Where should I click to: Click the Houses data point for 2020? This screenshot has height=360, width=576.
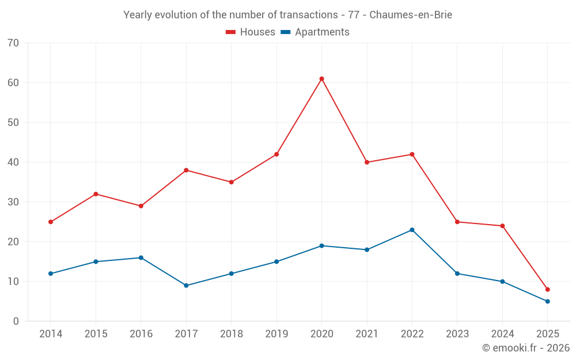(321, 79)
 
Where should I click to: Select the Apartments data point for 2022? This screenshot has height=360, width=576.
(412, 230)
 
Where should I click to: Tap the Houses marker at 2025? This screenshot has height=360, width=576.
(547, 289)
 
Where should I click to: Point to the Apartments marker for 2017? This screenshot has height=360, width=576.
(186, 285)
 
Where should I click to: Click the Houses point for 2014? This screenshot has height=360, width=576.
(51, 222)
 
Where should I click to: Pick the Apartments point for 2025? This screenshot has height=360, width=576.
(547, 301)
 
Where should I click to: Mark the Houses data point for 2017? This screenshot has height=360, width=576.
(186, 170)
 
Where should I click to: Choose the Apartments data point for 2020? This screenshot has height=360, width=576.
(321, 245)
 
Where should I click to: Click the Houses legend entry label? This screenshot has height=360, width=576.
(257, 32)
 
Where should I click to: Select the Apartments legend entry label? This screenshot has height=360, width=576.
(322, 32)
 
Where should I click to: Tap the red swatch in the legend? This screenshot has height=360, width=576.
(230, 32)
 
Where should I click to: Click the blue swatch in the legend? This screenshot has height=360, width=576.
(285, 32)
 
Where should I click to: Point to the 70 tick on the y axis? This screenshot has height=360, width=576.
(13, 43)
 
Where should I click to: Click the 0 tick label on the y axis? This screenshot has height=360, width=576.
(16, 321)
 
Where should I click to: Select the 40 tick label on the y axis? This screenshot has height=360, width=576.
(13, 162)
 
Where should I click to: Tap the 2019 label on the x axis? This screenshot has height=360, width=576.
(276, 334)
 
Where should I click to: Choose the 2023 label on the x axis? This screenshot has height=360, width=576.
(457, 334)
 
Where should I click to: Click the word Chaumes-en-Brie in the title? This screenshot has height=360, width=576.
(410, 15)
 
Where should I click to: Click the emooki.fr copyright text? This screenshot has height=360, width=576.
(525, 348)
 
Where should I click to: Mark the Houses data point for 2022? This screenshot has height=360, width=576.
(412, 154)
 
